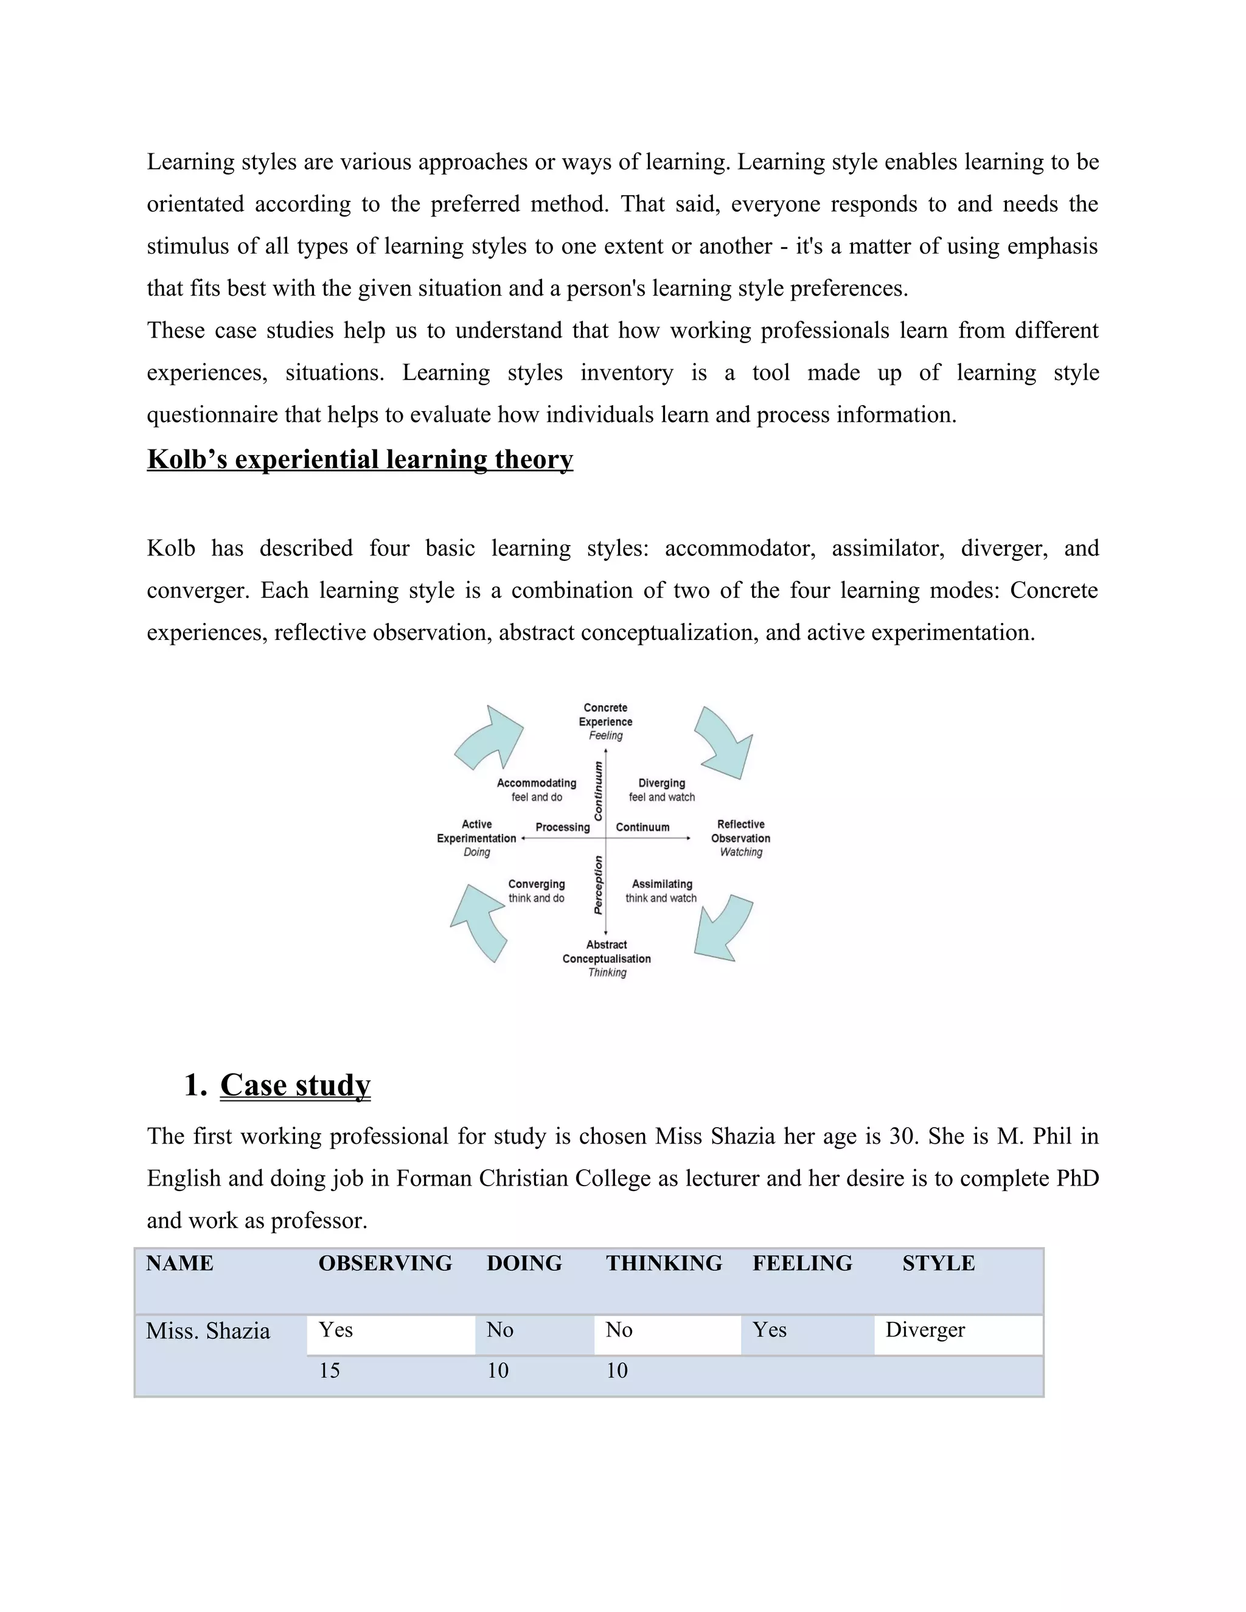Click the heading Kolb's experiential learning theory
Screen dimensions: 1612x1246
point(360,459)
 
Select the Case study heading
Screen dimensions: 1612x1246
point(294,1085)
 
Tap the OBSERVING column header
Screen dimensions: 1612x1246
point(385,1263)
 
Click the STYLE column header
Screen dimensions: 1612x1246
point(938,1263)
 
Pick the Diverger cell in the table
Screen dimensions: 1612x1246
point(925,1329)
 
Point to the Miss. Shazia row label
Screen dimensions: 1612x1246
point(208,1331)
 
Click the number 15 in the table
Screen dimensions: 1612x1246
point(329,1371)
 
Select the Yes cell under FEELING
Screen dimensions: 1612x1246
point(769,1329)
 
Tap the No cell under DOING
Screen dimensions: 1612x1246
point(499,1329)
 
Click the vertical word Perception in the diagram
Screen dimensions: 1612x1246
point(598,885)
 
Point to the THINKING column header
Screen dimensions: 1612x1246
point(664,1263)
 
